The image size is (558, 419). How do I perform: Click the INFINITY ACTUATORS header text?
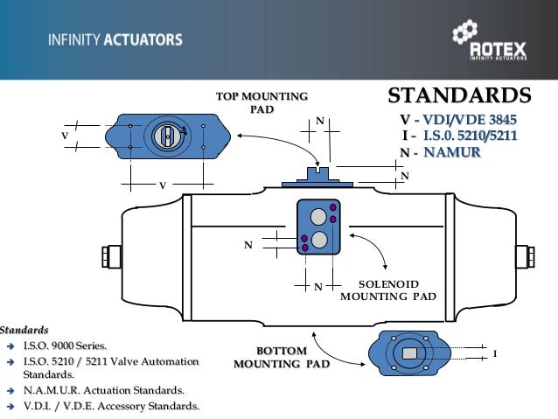(x=115, y=40)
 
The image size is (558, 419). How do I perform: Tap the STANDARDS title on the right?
(x=459, y=95)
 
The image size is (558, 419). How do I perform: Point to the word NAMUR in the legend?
(x=452, y=151)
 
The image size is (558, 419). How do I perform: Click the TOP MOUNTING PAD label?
(x=262, y=102)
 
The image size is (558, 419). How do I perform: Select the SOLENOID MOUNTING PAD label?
(x=387, y=290)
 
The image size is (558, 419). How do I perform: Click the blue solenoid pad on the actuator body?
(x=317, y=227)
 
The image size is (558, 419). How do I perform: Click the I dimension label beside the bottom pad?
(x=495, y=354)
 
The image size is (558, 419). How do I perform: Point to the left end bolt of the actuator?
(x=108, y=256)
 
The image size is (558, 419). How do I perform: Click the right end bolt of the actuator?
(x=528, y=256)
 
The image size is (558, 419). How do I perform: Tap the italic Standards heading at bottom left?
(x=24, y=331)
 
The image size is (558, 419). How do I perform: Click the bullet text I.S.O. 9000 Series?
(x=62, y=346)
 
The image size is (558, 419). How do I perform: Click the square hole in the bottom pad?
(x=411, y=353)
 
